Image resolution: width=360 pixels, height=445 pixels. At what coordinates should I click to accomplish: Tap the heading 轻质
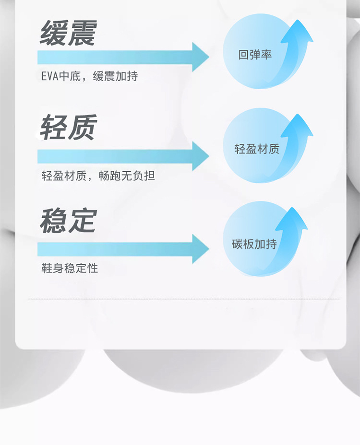pyautogui.click(x=68, y=127)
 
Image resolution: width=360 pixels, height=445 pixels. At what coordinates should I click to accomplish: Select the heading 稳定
pyautogui.click(x=68, y=221)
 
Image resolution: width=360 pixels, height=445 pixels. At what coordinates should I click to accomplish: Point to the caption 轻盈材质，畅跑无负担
pyautogui.click(x=98, y=176)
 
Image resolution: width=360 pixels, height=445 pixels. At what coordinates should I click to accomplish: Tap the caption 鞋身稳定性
pyautogui.click(x=70, y=268)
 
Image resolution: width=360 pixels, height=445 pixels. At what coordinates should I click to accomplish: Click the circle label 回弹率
pyautogui.click(x=255, y=55)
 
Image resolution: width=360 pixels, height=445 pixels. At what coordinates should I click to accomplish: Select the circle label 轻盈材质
pyautogui.click(x=257, y=149)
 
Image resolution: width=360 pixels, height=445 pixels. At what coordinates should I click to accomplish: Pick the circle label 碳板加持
pyautogui.click(x=254, y=244)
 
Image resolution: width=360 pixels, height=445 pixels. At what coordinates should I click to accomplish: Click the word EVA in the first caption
pyautogui.click(x=50, y=76)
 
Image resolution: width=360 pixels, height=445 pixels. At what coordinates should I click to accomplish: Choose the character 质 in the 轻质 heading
pyautogui.click(x=83, y=127)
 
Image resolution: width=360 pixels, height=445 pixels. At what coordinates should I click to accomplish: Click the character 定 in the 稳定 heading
pyautogui.click(x=83, y=221)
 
